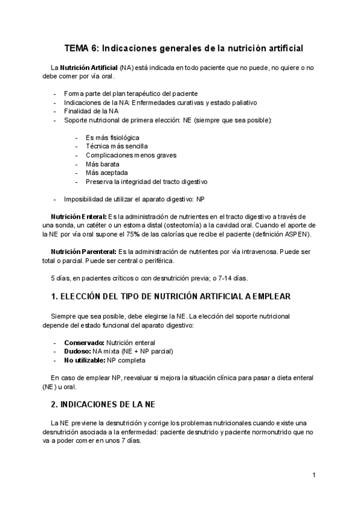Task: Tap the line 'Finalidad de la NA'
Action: [91, 111]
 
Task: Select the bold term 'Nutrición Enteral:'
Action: [78, 216]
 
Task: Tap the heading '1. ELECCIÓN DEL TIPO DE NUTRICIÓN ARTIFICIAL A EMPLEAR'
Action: [171, 297]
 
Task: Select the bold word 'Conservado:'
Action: [85, 343]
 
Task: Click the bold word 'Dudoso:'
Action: [77, 352]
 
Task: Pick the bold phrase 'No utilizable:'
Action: [85, 361]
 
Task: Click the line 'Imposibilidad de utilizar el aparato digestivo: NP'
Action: [135, 199]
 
